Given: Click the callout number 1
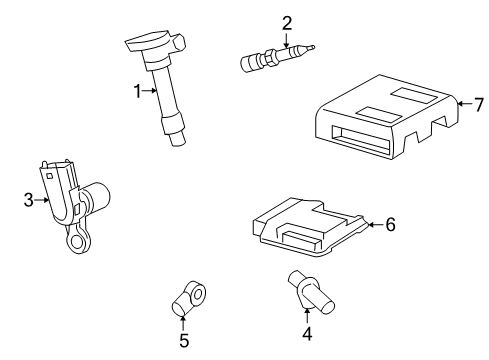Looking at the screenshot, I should click(139, 91).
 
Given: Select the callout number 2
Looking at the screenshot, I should click(287, 22).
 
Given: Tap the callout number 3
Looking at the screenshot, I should click(28, 200).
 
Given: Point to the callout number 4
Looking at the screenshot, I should click(307, 334).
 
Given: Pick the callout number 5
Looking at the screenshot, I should click(184, 341).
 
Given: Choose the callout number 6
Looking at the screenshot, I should click(390, 224).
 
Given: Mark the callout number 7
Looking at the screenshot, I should click(477, 103).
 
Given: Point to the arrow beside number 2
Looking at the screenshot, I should click(287, 41).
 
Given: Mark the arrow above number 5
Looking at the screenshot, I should click(184, 320).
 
